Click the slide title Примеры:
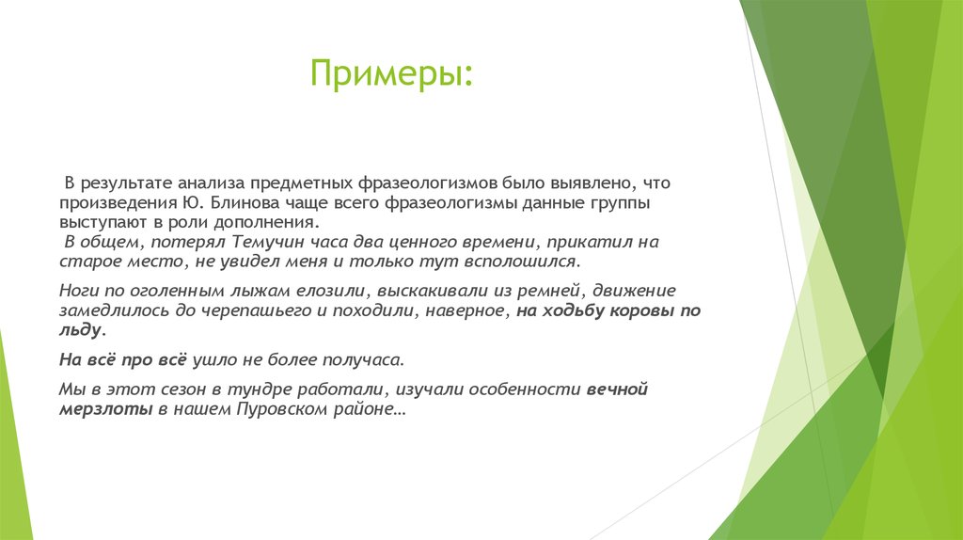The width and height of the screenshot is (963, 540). click(393, 72)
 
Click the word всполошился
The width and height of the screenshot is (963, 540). click(525, 261)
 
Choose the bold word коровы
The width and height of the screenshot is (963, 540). click(639, 310)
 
